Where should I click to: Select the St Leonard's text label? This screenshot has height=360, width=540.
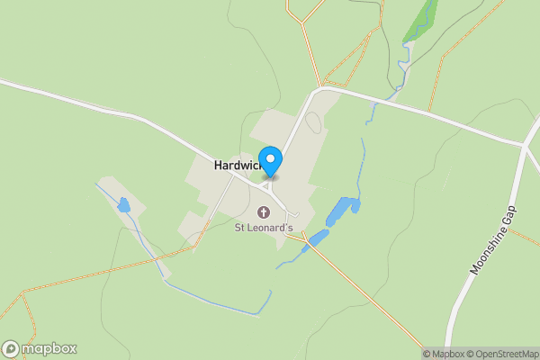click(264, 229)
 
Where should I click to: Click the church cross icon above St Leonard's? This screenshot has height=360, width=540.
click(264, 213)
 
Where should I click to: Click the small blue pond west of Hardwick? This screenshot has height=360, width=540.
click(123, 205)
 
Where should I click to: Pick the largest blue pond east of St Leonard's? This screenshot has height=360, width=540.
click(338, 211)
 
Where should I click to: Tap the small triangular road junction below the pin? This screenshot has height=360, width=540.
click(266, 186)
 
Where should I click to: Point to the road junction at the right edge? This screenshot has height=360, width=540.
click(525, 145)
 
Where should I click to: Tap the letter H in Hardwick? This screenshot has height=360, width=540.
click(219, 166)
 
